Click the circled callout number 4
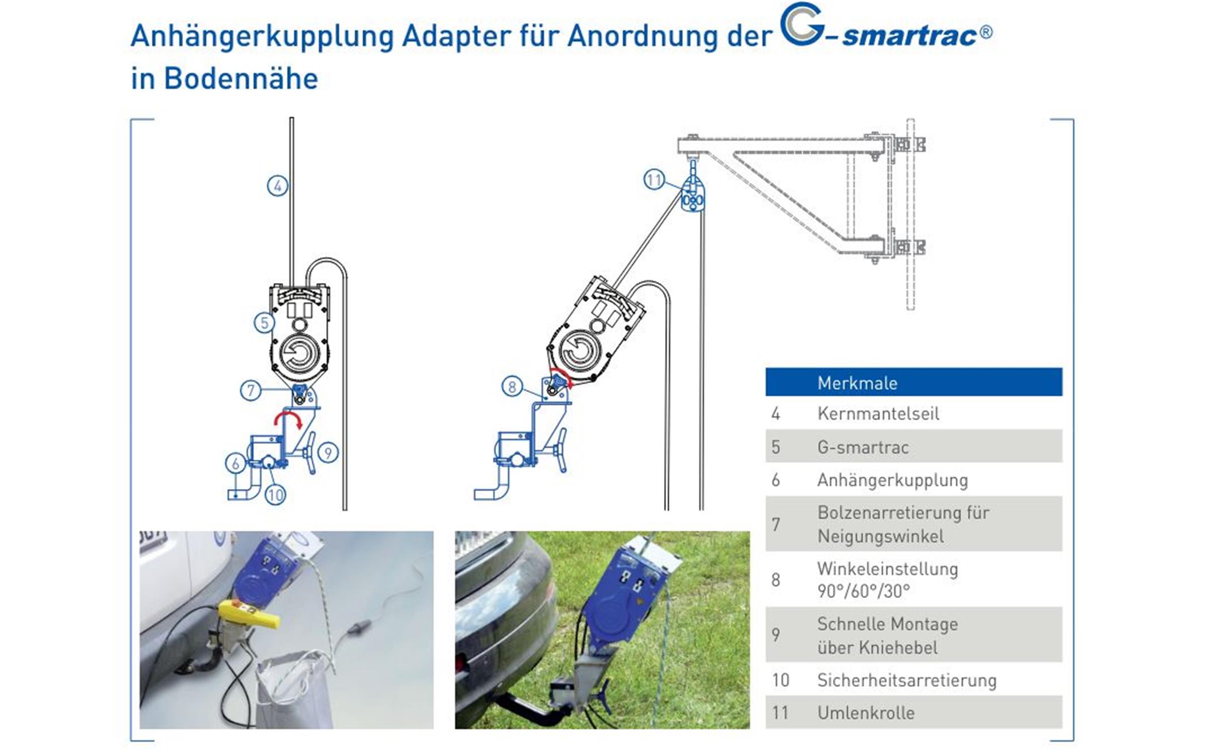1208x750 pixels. pyautogui.click(x=277, y=186)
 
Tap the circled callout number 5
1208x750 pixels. pyautogui.click(x=264, y=323)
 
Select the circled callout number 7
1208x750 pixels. pyautogui.click(x=251, y=390)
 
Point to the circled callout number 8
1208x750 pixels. pyautogui.click(x=512, y=387)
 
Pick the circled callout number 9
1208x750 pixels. pyautogui.click(x=328, y=453)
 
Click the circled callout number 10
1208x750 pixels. pyautogui.click(x=275, y=495)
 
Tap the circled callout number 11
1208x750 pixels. pyautogui.click(x=654, y=180)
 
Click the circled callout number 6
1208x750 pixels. pyautogui.click(x=236, y=463)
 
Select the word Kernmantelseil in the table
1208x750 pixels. pyautogui.click(x=878, y=413)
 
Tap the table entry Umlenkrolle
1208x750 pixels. pyautogui.click(x=866, y=712)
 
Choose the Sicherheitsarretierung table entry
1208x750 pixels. pyautogui.click(x=907, y=680)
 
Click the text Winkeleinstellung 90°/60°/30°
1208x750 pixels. pyautogui.click(x=887, y=579)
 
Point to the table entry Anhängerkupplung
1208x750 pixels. pyautogui.click(x=892, y=480)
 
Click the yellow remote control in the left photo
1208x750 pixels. pyautogui.click(x=248, y=615)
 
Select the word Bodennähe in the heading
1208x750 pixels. pyautogui.click(x=241, y=79)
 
